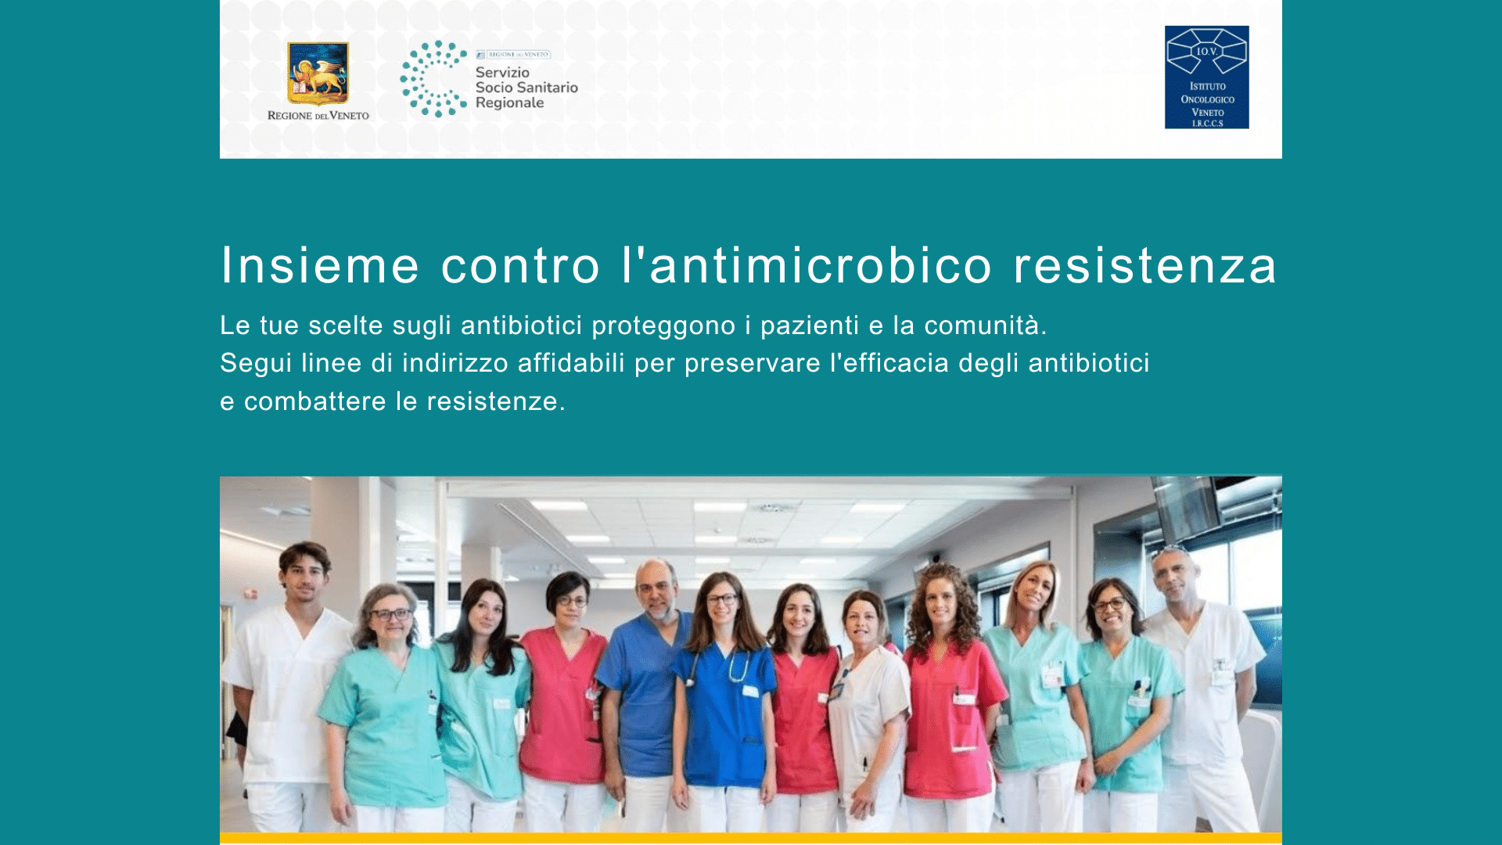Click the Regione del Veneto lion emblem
point(318,74)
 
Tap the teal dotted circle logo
point(433,79)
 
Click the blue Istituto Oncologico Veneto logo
point(1206,77)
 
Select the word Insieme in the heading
point(320,264)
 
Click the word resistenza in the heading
point(1145,264)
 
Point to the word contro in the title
point(521,264)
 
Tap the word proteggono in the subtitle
point(663,326)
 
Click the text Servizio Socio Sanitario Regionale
point(526,88)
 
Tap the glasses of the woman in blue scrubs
point(721,599)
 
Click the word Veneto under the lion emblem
point(349,116)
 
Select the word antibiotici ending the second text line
point(1089,362)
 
